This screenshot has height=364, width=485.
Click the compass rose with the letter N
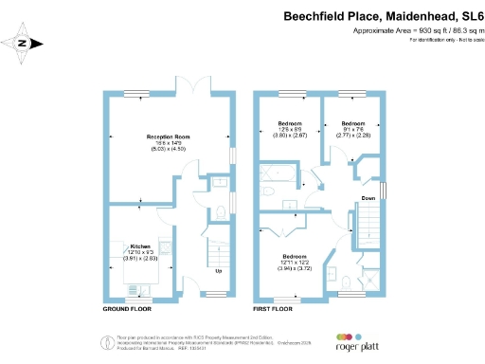(26, 41)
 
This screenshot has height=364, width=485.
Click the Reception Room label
(168, 137)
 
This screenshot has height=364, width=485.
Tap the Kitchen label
(140, 244)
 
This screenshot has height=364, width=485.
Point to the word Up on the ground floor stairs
(220, 270)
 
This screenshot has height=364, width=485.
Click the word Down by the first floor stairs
(367, 199)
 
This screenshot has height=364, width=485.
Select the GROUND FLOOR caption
(127, 309)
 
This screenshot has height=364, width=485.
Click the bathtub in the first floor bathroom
(279, 173)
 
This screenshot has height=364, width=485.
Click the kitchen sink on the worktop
(167, 249)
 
